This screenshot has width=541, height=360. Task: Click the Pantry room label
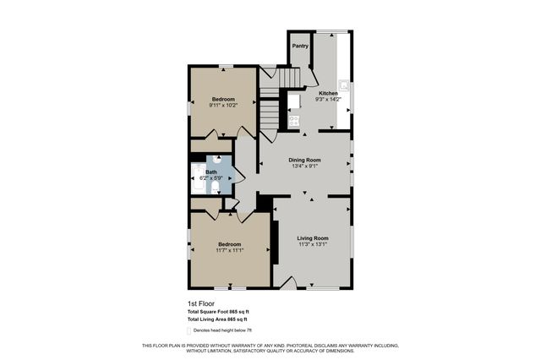(x=300, y=46)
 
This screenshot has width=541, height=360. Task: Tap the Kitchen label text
(x=328, y=93)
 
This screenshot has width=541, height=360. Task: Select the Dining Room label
(x=305, y=160)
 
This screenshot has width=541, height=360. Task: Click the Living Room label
(x=313, y=238)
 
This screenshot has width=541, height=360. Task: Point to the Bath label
(x=210, y=172)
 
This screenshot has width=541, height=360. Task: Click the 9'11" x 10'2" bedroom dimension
(x=224, y=106)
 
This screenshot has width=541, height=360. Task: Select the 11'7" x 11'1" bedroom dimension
(x=230, y=250)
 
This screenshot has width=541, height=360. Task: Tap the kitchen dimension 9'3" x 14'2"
(x=328, y=100)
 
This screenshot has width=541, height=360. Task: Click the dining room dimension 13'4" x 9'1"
(x=305, y=166)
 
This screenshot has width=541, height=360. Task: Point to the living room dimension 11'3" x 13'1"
(x=313, y=245)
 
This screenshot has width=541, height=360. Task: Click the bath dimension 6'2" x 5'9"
(x=210, y=178)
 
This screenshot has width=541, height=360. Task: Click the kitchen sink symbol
(x=344, y=86)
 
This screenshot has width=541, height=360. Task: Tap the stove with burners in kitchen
(x=294, y=121)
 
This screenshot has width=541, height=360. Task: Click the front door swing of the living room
(x=287, y=285)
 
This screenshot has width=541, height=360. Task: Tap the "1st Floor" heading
(x=200, y=303)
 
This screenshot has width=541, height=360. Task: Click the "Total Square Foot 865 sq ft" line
(x=218, y=312)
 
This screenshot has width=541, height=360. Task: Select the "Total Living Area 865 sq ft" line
(x=217, y=319)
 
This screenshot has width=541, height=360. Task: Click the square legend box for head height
(x=189, y=330)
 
